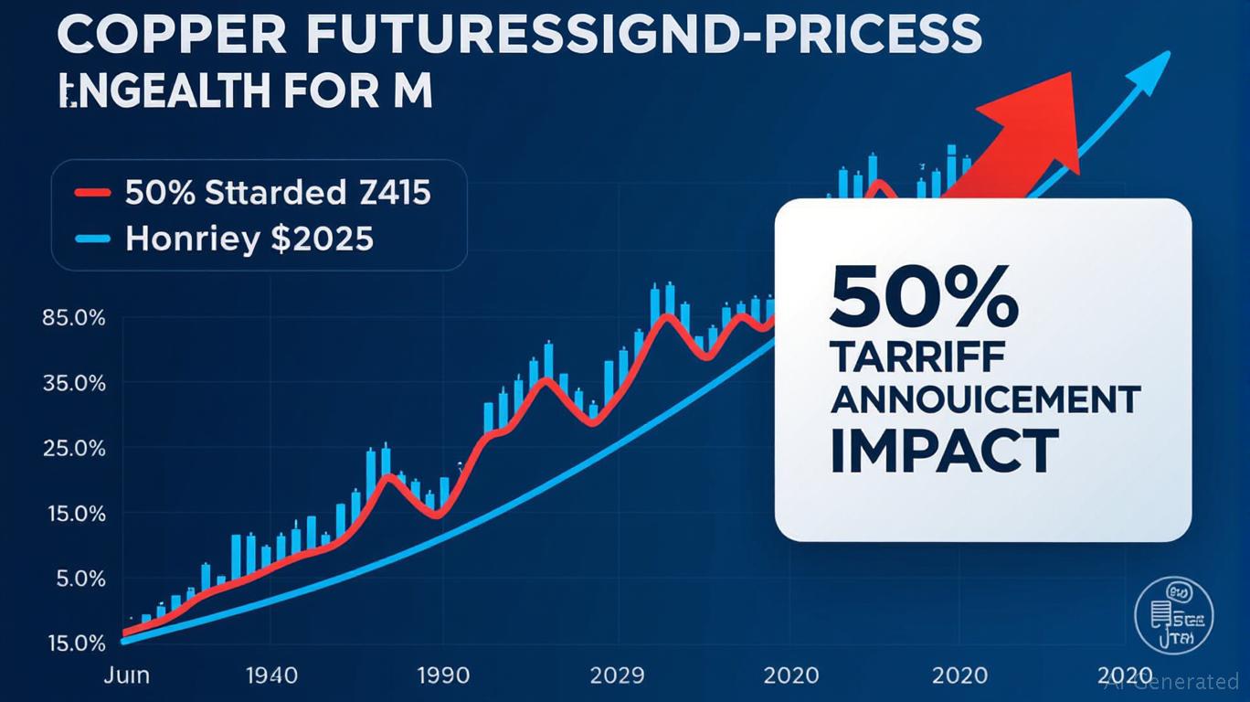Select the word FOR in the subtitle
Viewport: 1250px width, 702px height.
tap(316, 93)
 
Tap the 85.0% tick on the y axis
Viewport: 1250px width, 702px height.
tap(73, 319)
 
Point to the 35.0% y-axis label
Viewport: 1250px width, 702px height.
tap(73, 384)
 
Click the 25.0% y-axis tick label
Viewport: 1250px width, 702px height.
tap(73, 449)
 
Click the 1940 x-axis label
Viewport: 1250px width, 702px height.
tap(271, 675)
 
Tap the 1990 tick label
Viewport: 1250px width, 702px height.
tap(443, 675)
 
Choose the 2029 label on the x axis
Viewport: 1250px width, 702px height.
tap(617, 675)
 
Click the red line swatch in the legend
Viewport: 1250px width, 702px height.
tap(91, 194)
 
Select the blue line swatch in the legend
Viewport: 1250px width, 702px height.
tap(91, 239)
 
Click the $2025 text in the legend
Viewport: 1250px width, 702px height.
tap(323, 239)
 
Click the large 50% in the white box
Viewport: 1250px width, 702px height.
tap(924, 299)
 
